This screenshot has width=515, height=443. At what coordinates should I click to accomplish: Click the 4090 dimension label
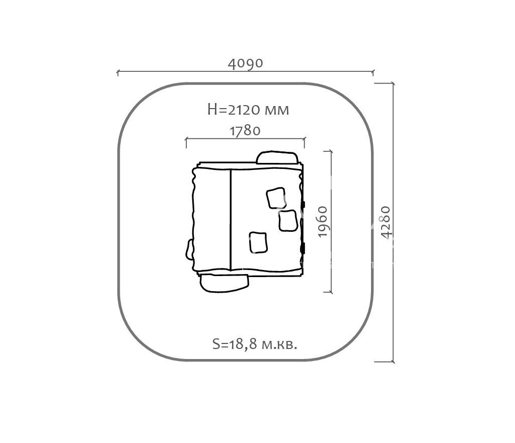[245, 63]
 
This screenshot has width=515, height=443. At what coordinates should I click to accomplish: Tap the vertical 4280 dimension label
[386, 222]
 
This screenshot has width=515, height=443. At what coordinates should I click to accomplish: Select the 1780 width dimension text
[245, 131]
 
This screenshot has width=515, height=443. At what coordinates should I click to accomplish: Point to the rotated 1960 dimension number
[323, 221]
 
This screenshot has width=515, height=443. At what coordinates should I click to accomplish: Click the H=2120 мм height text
[248, 110]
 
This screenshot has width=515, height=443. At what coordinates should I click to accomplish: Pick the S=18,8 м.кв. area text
[255, 344]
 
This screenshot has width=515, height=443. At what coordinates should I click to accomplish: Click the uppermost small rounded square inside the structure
[276, 198]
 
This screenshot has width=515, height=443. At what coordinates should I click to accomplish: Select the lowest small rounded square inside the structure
[258, 242]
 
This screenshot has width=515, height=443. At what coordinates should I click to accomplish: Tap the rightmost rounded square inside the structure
[288, 221]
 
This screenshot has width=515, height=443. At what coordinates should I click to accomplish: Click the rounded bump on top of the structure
[277, 157]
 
